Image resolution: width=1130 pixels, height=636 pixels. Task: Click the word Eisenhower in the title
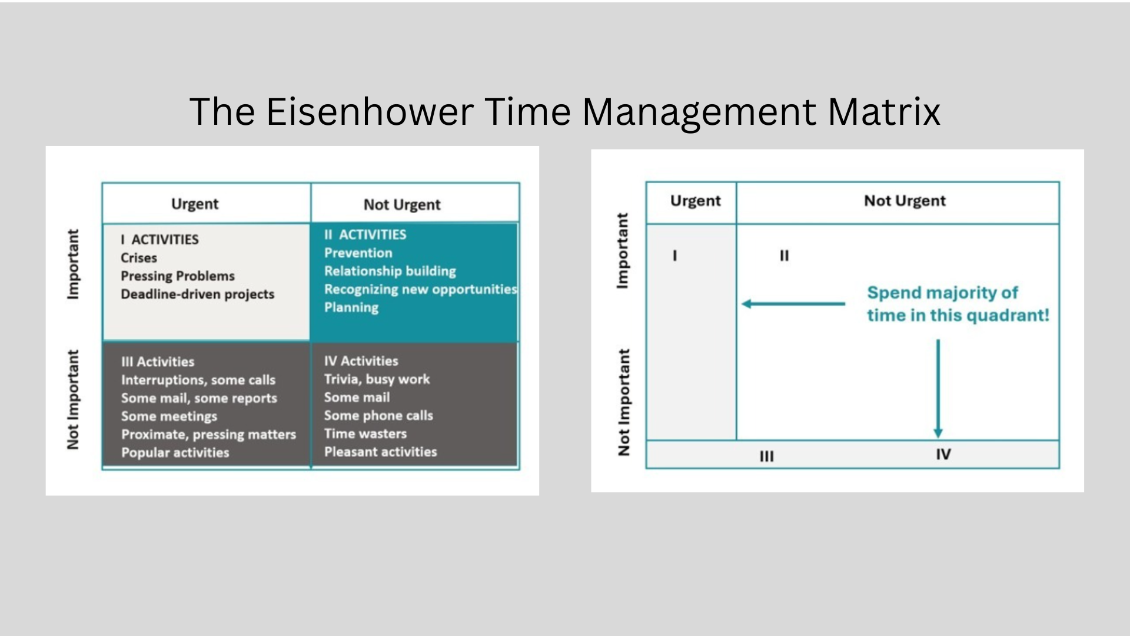[370, 111]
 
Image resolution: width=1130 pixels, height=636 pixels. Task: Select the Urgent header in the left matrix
[195, 204]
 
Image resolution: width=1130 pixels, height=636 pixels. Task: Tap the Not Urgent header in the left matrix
[402, 204]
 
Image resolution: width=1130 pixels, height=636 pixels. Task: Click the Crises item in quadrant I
[139, 258]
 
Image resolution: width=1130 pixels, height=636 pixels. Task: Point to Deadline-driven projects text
[198, 294]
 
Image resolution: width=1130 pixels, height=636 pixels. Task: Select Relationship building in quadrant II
[390, 271]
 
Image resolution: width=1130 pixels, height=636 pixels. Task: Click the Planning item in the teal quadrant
[351, 307]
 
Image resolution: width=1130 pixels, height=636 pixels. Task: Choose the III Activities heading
[158, 362]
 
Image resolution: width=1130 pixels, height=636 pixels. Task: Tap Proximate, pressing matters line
[208, 435]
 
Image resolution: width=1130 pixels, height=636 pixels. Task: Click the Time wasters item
[365, 433]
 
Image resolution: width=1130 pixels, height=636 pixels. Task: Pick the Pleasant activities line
[381, 452]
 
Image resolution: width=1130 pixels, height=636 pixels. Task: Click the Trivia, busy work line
[377, 379]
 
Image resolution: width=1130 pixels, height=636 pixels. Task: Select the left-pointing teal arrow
[793, 304]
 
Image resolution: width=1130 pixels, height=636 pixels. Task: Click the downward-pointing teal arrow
[938, 389]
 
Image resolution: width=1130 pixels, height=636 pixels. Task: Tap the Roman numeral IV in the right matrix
[943, 454]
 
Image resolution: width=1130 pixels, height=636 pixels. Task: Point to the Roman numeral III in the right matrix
[767, 456]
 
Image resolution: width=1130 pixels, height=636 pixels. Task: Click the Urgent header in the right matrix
[696, 201]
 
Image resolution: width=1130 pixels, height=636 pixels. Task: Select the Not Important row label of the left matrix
[73, 400]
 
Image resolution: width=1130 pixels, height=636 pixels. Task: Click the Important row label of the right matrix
[622, 251]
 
